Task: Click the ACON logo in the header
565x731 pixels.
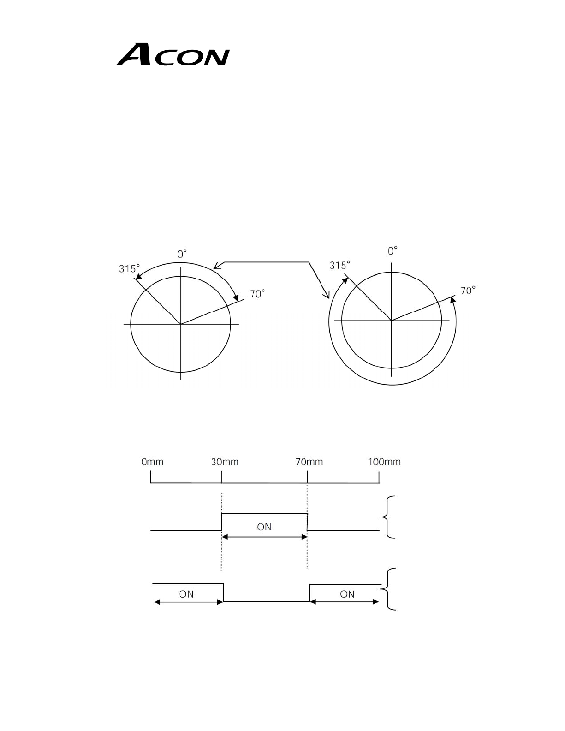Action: point(173,54)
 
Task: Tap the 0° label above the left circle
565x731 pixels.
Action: point(182,254)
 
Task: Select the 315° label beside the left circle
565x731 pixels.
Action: point(129,268)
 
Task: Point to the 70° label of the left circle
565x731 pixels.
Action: point(257,294)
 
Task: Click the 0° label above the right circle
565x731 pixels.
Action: point(393,251)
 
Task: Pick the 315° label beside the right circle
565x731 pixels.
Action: point(339,266)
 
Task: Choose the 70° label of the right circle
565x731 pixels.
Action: point(468,290)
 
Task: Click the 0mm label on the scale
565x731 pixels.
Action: point(152,462)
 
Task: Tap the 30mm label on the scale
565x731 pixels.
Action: point(225,462)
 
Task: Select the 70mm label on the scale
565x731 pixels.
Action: point(309,462)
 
